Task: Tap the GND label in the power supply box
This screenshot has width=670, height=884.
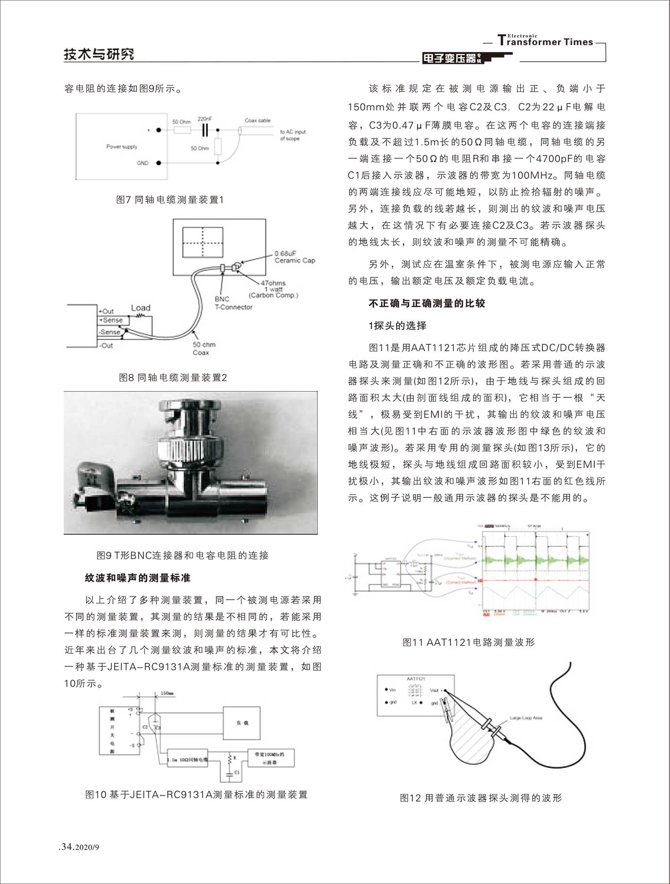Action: (x=142, y=163)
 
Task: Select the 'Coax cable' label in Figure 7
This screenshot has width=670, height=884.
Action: (x=257, y=120)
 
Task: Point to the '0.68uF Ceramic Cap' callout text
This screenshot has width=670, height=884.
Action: (x=294, y=257)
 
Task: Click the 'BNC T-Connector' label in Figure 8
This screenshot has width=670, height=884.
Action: (x=233, y=303)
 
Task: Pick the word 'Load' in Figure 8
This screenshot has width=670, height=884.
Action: (x=140, y=308)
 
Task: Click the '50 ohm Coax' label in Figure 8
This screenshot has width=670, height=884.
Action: (x=203, y=348)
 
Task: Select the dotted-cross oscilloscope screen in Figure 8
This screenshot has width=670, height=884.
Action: (x=202, y=242)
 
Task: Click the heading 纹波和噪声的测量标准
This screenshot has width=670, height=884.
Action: (x=138, y=578)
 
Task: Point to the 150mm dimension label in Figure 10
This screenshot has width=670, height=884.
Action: (x=167, y=693)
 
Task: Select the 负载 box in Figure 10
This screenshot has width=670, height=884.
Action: (x=242, y=723)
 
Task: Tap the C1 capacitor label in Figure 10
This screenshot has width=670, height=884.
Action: (x=237, y=772)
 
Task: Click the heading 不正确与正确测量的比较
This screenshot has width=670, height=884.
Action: (x=427, y=304)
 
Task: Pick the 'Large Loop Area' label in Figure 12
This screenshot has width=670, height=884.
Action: (x=526, y=718)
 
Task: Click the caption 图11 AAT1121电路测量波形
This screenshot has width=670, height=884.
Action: (x=469, y=642)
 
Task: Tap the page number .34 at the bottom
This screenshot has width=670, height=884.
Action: (x=66, y=847)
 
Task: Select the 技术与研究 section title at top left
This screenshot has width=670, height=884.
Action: (x=99, y=54)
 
